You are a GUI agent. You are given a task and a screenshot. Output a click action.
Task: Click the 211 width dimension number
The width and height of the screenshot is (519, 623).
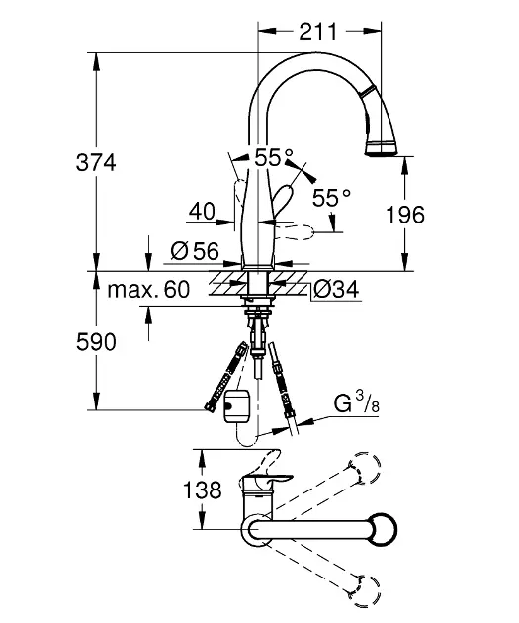tap(317, 32)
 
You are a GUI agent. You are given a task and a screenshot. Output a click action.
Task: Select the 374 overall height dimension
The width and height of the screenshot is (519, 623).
tap(96, 163)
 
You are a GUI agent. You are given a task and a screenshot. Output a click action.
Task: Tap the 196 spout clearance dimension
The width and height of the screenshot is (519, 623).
tap(405, 215)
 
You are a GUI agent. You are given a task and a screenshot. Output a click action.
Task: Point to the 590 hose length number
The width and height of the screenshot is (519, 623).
tap(96, 342)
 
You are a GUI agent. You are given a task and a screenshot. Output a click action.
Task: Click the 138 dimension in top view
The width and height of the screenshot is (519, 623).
tap(202, 489)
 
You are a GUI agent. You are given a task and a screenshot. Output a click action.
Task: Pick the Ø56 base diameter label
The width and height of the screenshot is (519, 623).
tap(195, 251)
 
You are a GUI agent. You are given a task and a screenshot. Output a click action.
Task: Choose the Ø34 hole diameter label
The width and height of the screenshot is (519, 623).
tap(336, 289)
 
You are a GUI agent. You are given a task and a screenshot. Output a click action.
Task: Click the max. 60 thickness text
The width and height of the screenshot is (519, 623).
tap(148, 289)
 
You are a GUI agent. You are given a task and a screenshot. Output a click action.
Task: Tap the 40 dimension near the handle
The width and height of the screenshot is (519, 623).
tap(202, 211)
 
